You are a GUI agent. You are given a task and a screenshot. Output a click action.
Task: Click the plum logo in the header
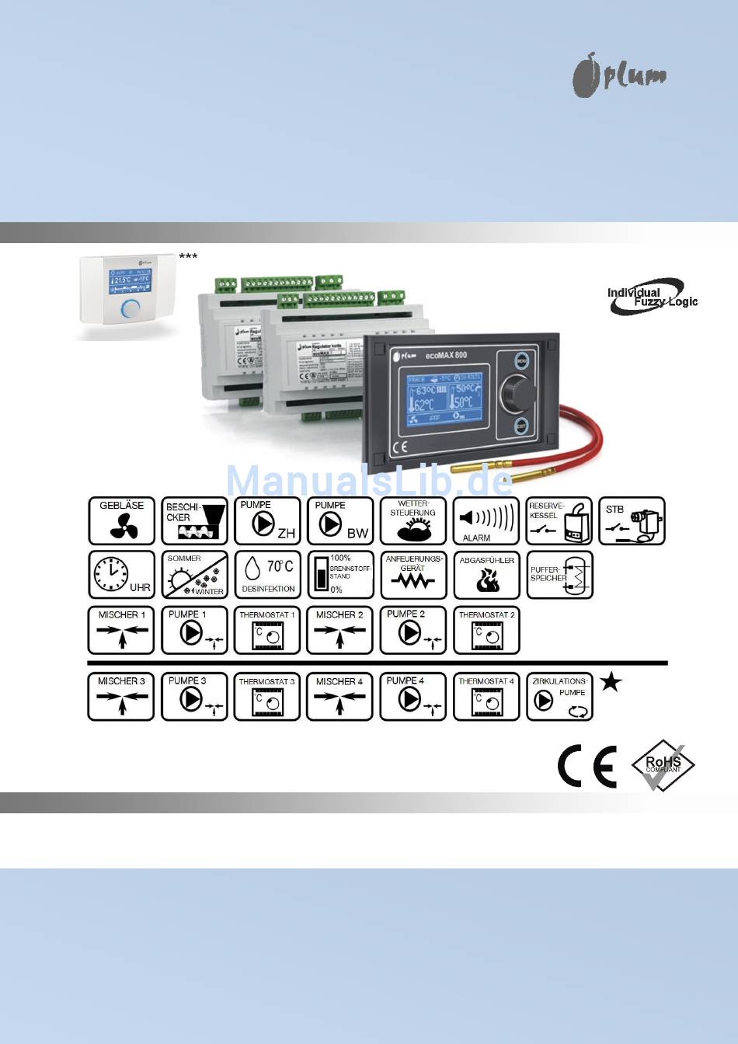[x=619, y=76]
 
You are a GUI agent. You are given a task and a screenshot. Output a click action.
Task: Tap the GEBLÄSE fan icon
[x=121, y=521]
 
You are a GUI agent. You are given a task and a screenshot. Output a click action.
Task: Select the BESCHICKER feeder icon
[x=194, y=521]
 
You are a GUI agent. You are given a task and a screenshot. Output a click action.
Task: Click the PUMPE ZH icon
[x=267, y=521]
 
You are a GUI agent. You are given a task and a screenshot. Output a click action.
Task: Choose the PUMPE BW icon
[x=340, y=521]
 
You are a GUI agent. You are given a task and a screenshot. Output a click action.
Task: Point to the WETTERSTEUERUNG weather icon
[x=413, y=521]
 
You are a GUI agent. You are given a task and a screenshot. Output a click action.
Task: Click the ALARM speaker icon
[x=486, y=521]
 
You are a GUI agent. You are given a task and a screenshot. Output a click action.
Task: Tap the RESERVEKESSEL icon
[x=559, y=521]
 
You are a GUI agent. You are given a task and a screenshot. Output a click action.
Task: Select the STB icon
[x=632, y=521]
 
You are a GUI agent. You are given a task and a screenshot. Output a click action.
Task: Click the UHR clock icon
[x=121, y=575]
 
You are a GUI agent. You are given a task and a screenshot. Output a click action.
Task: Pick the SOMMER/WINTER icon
[x=194, y=575]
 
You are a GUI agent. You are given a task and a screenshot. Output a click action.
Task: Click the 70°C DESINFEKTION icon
[x=267, y=575]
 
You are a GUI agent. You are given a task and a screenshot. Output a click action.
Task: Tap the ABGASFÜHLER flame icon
[x=486, y=575]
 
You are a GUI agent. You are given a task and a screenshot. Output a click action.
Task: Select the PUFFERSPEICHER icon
[x=559, y=575]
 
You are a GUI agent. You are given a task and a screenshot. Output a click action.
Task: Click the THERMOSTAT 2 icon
[x=486, y=630]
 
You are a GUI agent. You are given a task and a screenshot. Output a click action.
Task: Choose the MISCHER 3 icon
[x=121, y=697]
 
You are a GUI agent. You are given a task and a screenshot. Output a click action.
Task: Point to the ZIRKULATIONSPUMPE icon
[x=559, y=697]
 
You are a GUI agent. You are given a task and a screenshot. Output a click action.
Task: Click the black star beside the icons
[x=611, y=683]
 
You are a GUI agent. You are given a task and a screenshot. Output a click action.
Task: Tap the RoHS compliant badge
[x=663, y=765]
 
